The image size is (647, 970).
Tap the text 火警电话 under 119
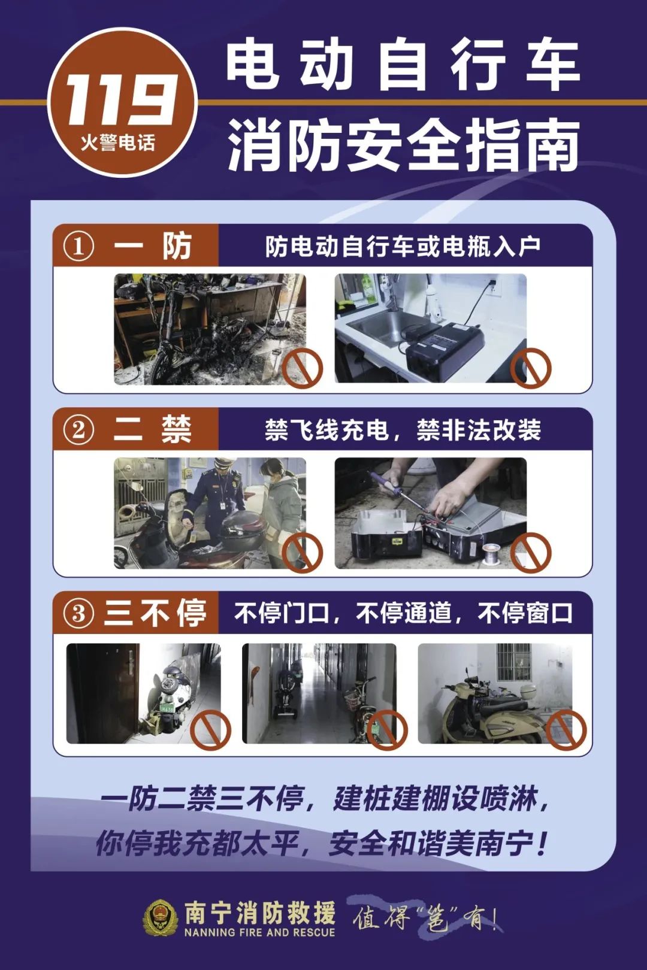pos(118,143)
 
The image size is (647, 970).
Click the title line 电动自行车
pos(403,66)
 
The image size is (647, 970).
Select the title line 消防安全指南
pos(404,144)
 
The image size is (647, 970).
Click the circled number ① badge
pos(78,247)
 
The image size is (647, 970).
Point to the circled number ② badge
pos(78,431)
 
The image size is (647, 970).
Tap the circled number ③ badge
pos(78,614)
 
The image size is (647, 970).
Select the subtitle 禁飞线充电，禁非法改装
pos(403,430)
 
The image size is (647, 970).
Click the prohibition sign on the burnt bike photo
pos(303,368)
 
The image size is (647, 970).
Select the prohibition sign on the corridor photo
pos(387,730)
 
